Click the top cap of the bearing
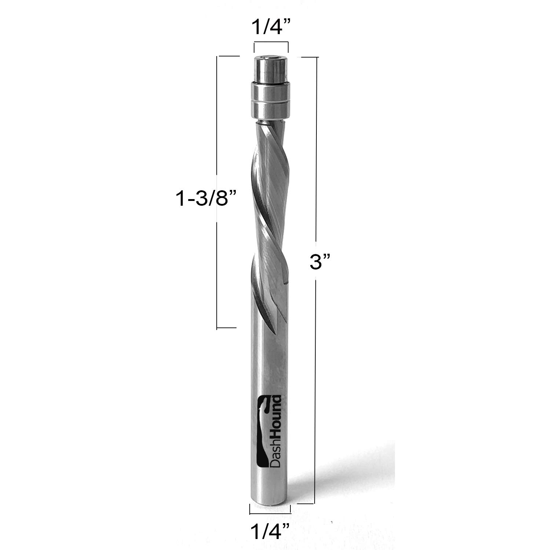271,70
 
